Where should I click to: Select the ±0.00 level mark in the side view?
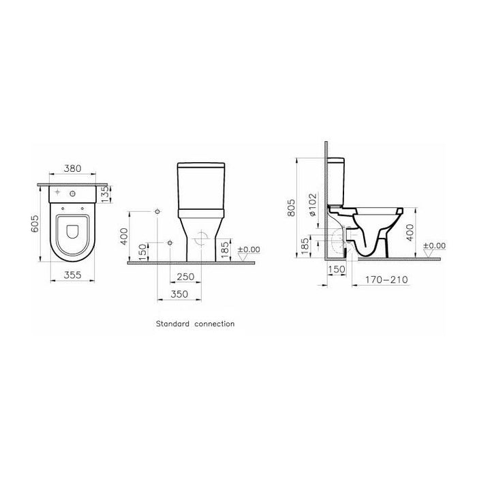click(434, 245)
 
